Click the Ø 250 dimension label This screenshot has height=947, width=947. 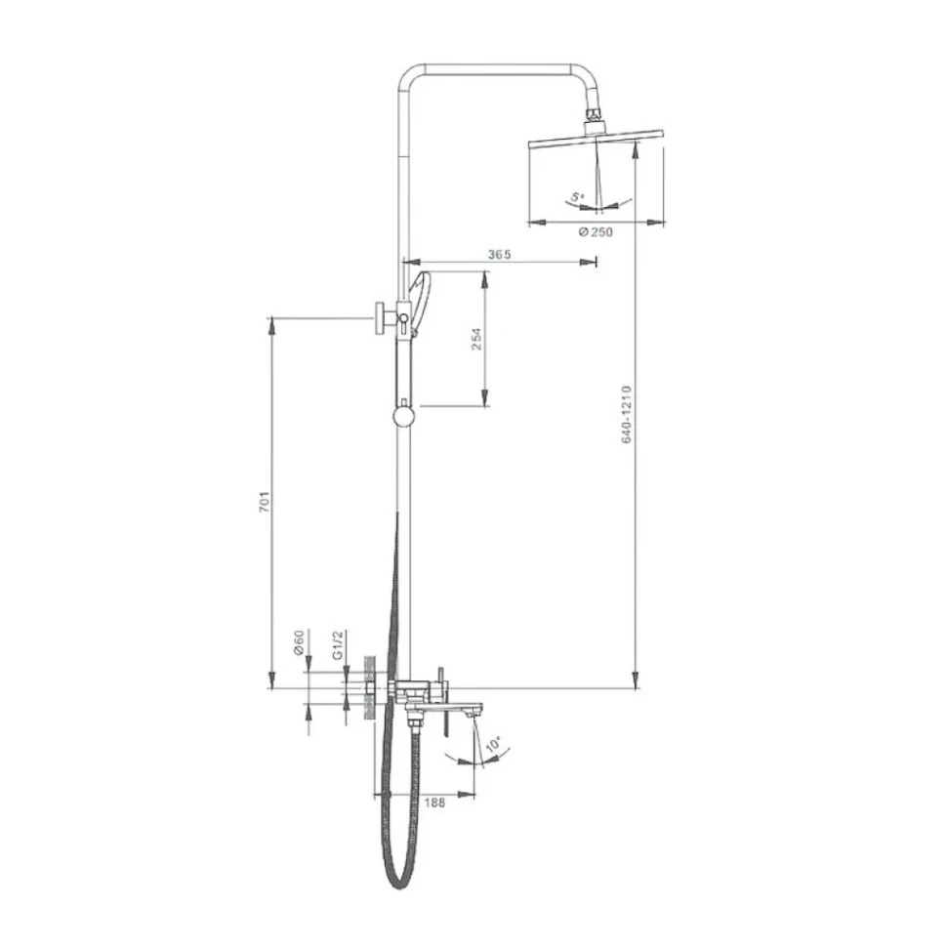(x=596, y=232)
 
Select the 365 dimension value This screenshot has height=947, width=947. (x=500, y=254)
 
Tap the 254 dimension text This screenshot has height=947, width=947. (x=476, y=340)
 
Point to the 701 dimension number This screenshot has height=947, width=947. (x=265, y=503)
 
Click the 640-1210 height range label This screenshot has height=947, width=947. (x=627, y=414)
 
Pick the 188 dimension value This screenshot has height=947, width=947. (x=434, y=803)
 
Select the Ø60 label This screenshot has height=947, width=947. (x=299, y=642)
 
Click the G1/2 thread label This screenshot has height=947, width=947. (x=338, y=644)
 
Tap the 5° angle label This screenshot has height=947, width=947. (x=579, y=197)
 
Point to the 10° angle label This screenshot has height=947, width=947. (x=493, y=744)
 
